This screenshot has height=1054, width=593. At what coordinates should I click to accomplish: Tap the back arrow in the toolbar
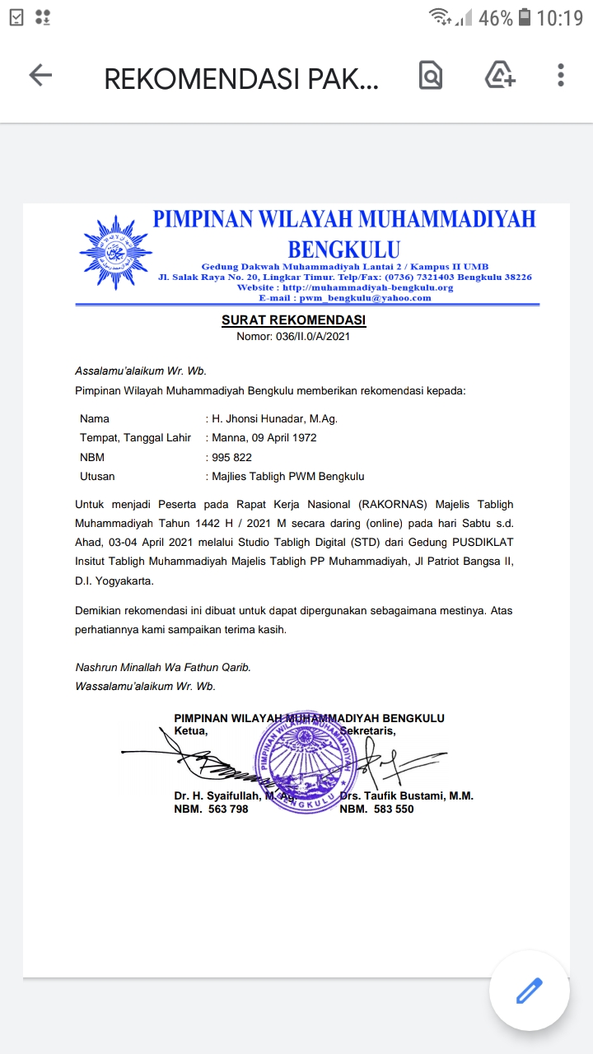[40, 76]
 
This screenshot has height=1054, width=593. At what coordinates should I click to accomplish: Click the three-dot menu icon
[560, 76]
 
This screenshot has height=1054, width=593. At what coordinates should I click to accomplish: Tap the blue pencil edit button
[530, 991]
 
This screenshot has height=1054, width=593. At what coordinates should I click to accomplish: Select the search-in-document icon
[431, 76]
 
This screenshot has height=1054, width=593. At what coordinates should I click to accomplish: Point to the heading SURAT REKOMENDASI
[294, 320]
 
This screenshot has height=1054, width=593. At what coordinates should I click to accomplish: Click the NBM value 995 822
[231, 457]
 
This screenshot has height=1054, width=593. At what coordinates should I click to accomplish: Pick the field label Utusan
[97, 476]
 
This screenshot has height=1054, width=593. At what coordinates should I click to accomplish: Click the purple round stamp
[306, 763]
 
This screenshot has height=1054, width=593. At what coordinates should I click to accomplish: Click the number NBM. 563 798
[211, 809]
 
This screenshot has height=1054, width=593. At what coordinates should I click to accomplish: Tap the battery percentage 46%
[495, 17]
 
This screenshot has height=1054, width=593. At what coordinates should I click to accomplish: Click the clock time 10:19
[559, 17]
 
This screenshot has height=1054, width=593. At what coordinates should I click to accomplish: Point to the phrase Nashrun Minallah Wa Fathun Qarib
[163, 667]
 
